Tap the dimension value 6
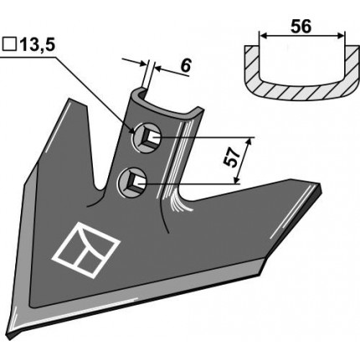(185, 66)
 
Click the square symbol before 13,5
(9, 44)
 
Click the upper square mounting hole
(147, 137)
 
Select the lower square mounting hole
(132, 182)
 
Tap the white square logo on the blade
(85, 249)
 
